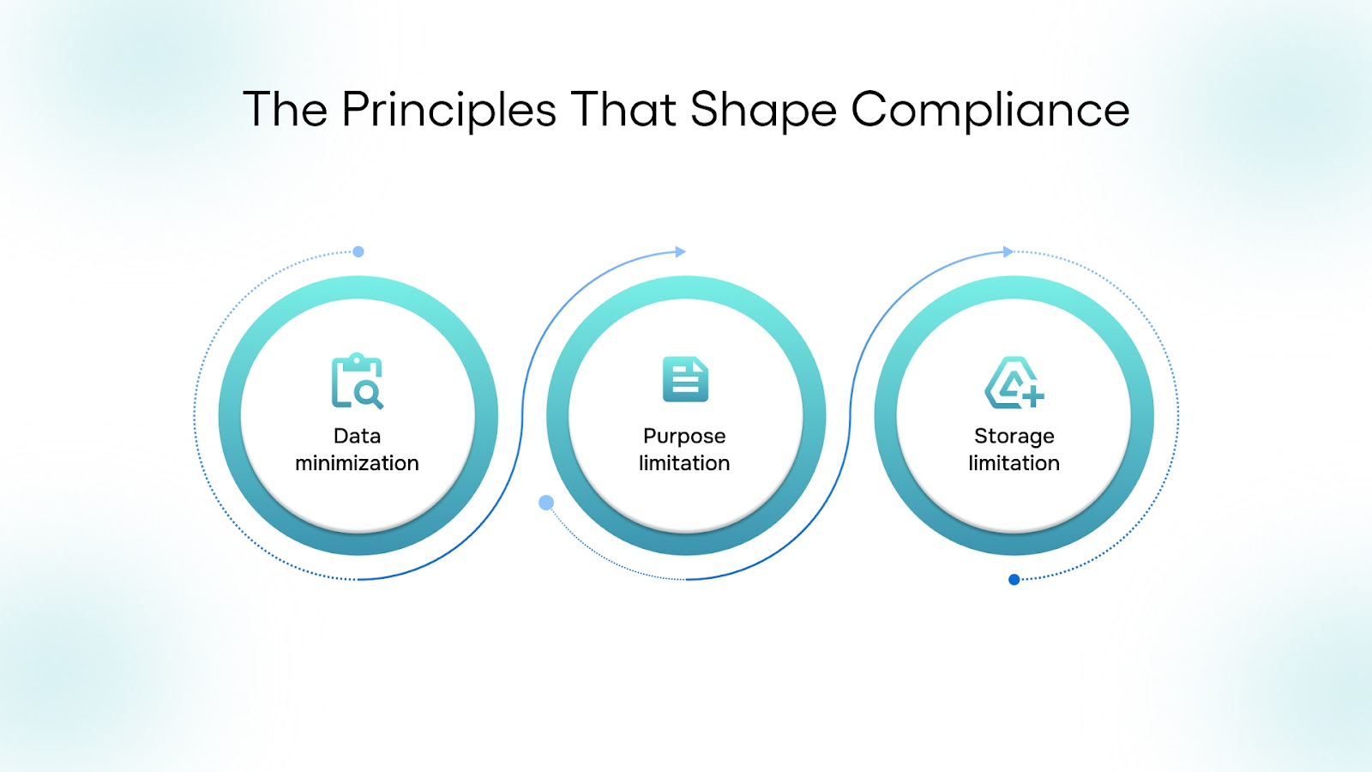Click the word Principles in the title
(449, 111)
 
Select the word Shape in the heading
(762, 111)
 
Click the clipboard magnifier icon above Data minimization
(357, 381)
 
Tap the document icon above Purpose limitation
(685, 379)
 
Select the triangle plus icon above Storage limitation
(1014, 382)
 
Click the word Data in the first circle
(357, 436)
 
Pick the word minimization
(357, 463)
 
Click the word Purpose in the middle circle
(684, 437)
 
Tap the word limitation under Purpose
(684, 463)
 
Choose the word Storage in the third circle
(1014, 437)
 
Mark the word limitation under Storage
(1014, 463)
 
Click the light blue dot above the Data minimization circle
(358, 251)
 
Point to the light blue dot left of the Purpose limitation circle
(546, 503)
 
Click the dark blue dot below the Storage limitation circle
(1014, 580)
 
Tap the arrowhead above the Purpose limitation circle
(680, 252)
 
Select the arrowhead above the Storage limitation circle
(1008, 251)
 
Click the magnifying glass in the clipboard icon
(369, 395)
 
